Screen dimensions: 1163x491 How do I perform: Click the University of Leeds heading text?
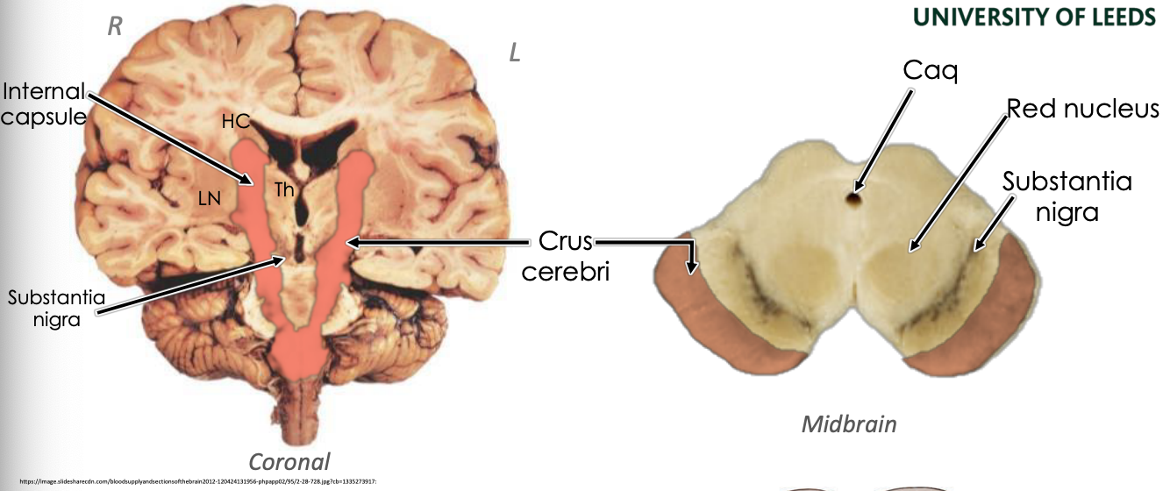(x=1034, y=17)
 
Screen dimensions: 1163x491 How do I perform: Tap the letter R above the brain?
(x=114, y=26)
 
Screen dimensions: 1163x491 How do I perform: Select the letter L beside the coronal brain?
(x=515, y=53)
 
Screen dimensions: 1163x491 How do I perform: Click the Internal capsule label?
(x=44, y=103)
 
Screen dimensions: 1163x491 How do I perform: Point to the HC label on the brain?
(x=235, y=123)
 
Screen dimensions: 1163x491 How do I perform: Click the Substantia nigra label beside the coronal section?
(x=56, y=308)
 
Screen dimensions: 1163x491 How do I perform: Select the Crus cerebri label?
(x=565, y=255)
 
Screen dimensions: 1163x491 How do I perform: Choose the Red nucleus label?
(x=1083, y=109)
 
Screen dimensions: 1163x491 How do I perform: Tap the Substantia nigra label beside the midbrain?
(x=1067, y=196)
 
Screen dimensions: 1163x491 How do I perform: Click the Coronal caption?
(x=289, y=461)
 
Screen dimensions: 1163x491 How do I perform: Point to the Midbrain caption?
(x=849, y=425)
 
